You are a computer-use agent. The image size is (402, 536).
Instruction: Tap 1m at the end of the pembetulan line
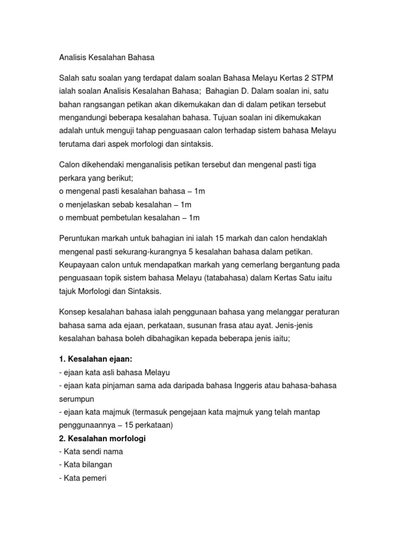point(194,217)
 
